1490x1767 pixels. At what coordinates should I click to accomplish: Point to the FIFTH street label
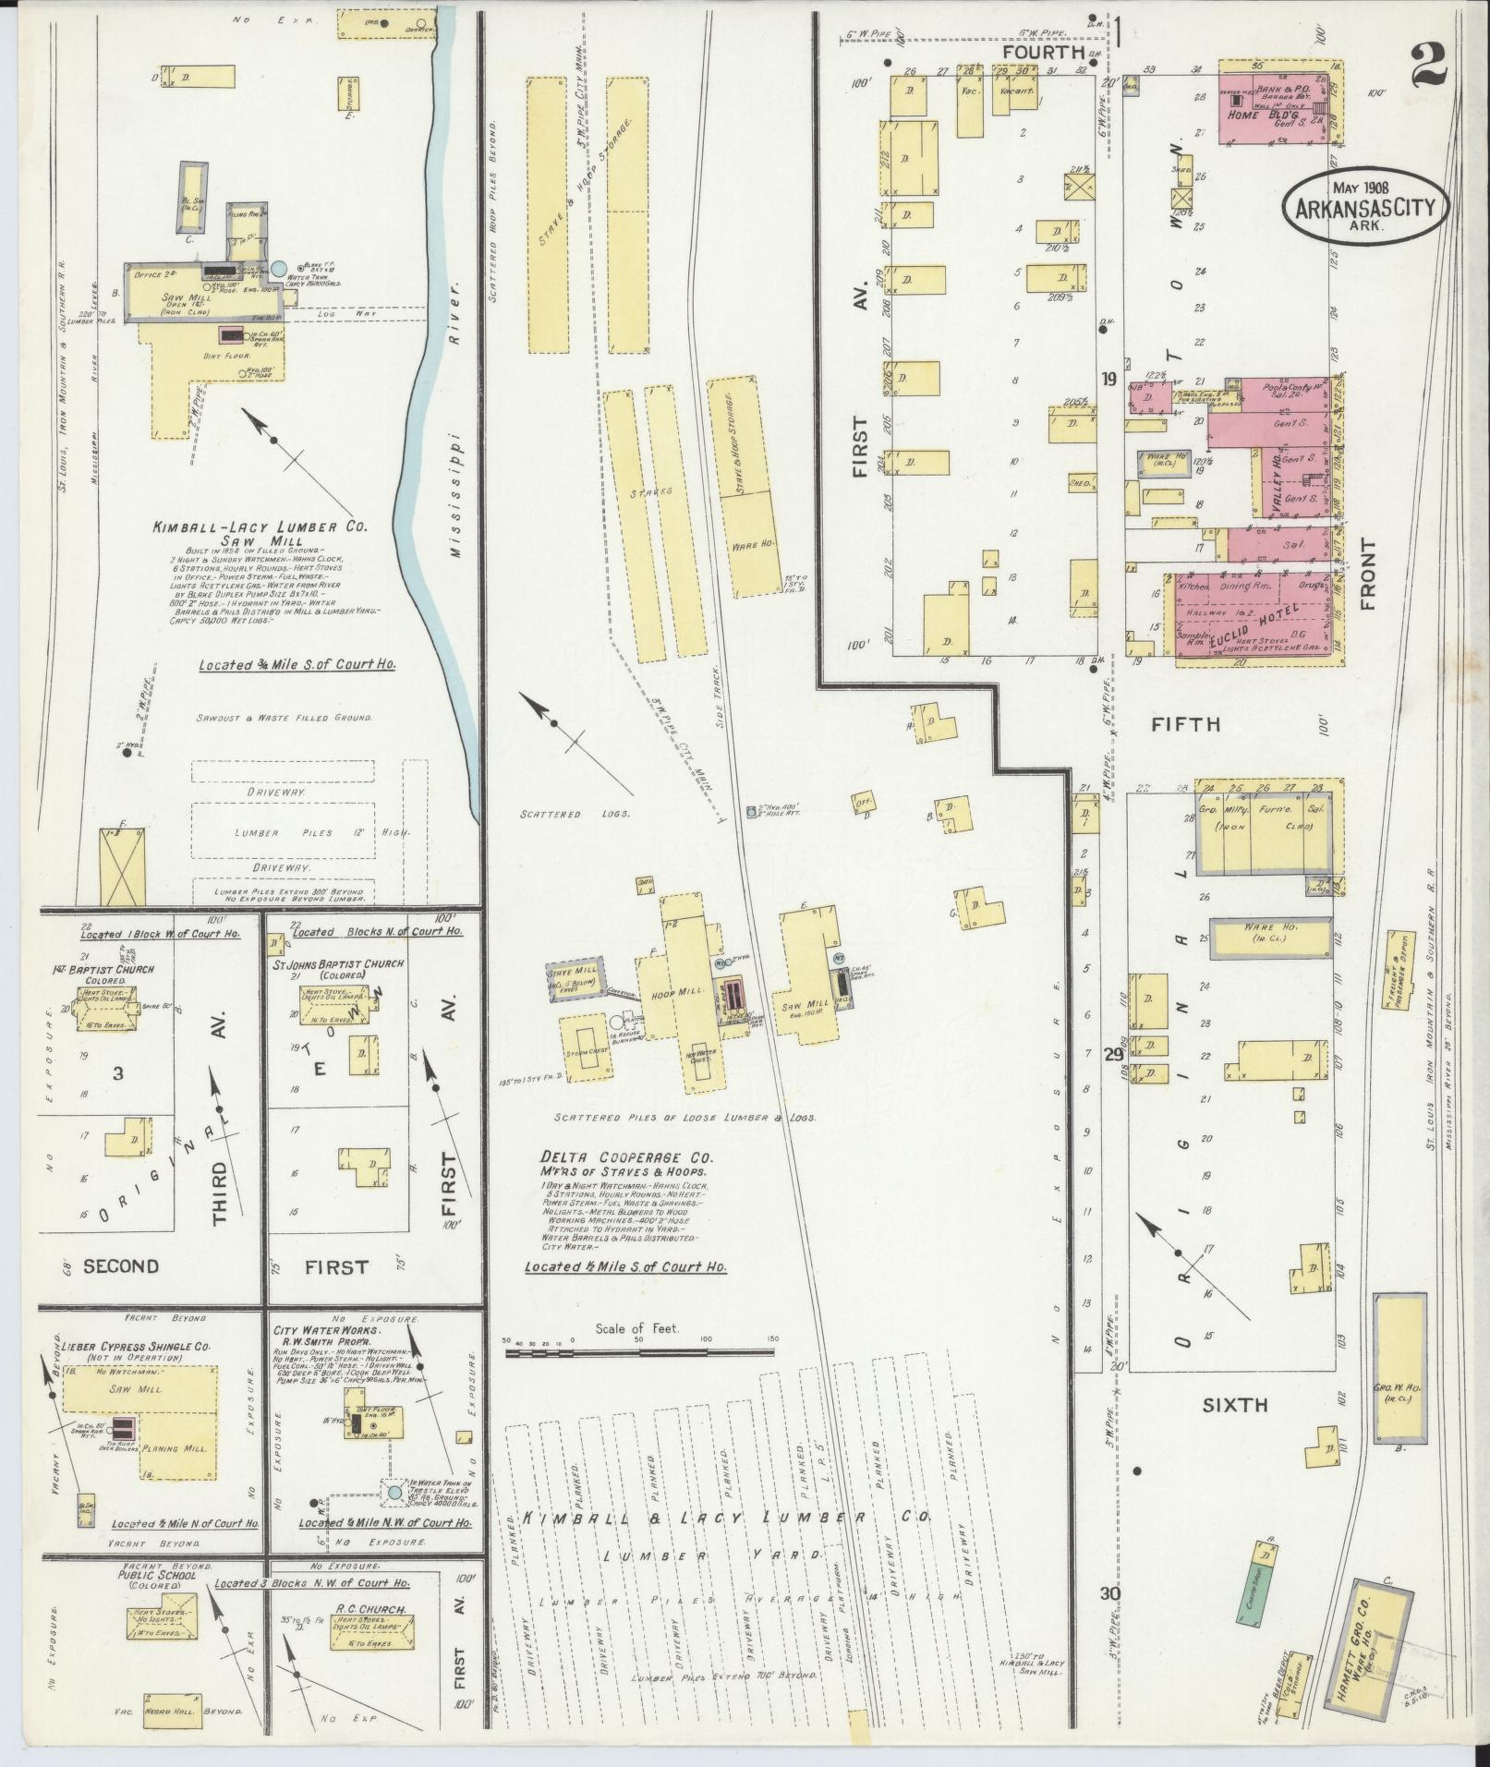[1185, 724]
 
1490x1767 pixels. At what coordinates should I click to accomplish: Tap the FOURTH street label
[1043, 53]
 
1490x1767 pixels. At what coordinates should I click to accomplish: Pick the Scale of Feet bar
[637, 1352]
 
